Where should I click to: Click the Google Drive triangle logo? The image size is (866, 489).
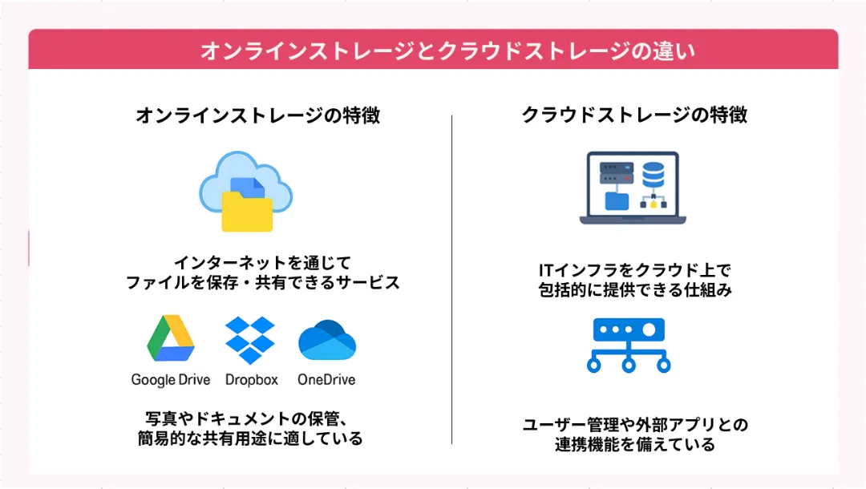click(171, 337)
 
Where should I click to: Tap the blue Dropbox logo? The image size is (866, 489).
click(250, 340)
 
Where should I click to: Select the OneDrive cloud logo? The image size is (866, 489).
click(327, 340)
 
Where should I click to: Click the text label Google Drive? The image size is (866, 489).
click(171, 380)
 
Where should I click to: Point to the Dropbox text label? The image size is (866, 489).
click(251, 380)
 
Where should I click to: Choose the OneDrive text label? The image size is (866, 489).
click(326, 380)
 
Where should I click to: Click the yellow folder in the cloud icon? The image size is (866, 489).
click(247, 211)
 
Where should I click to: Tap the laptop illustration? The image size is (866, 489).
click(633, 188)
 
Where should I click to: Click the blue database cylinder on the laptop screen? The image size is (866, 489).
click(654, 175)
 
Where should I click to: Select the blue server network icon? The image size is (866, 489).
click(629, 346)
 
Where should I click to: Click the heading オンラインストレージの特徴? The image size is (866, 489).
click(258, 115)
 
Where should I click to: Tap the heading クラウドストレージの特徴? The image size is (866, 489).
click(634, 115)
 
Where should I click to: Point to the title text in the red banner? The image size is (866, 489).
click(448, 51)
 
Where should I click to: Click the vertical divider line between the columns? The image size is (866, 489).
click(451, 279)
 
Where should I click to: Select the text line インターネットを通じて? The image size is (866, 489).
click(263, 262)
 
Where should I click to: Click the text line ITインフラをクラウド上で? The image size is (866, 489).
click(634, 270)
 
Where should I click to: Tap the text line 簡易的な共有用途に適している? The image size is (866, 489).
click(250, 438)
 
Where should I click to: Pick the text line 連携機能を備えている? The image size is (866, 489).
click(635, 444)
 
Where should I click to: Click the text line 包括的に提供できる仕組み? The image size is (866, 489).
click(635, 289)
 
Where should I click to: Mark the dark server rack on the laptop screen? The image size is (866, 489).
click(617, 172)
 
